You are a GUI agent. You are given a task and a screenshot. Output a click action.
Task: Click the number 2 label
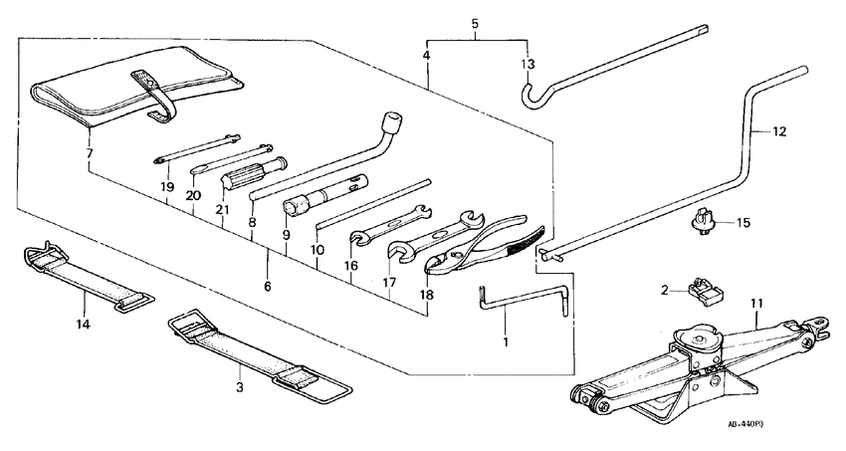663,291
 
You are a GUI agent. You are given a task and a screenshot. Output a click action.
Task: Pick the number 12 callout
779,129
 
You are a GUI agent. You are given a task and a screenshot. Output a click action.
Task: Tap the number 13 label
528,65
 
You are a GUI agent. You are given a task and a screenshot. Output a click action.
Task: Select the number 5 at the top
474,22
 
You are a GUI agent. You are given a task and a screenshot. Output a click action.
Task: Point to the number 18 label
426,296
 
